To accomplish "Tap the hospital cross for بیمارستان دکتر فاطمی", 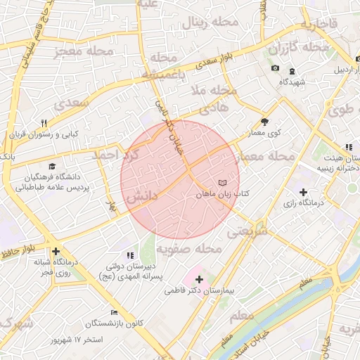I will [199, 279].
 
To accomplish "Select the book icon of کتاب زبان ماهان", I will [223, 181].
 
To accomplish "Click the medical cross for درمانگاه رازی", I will [303, 192].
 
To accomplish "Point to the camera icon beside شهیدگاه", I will [275, 68].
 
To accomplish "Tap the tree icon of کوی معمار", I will [264, 121].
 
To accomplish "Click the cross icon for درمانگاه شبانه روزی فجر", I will [56, 250].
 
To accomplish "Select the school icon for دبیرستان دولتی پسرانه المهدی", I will [129, 255].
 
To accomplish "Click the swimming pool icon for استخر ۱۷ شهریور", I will [114, 313].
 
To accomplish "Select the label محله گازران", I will [300, 49].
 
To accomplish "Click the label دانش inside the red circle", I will [141, 200].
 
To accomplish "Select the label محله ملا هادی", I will [214, 98].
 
